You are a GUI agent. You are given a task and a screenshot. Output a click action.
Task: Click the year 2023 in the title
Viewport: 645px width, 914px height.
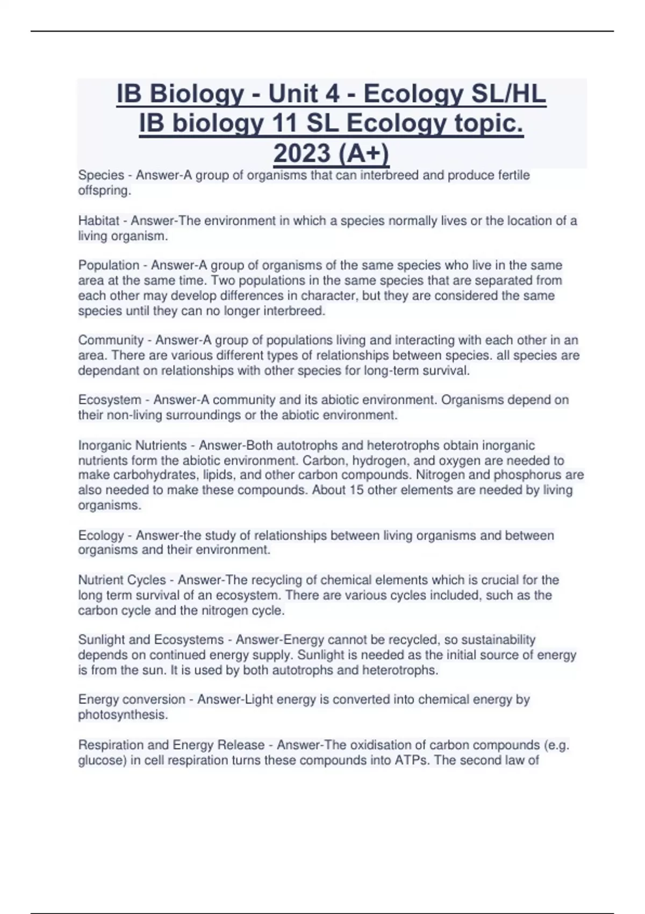303,153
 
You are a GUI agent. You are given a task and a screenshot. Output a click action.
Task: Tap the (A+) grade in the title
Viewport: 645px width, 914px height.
364,153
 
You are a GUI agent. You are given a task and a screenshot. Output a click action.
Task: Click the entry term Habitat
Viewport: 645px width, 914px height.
98,220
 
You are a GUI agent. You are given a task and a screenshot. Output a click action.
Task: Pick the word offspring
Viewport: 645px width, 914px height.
104,190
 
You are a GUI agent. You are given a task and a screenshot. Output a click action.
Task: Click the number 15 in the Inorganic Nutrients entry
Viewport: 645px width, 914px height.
356,490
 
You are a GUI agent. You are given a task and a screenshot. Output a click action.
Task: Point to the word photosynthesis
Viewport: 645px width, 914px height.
123,715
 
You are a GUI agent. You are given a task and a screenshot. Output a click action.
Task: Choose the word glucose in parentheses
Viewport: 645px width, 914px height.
100,760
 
